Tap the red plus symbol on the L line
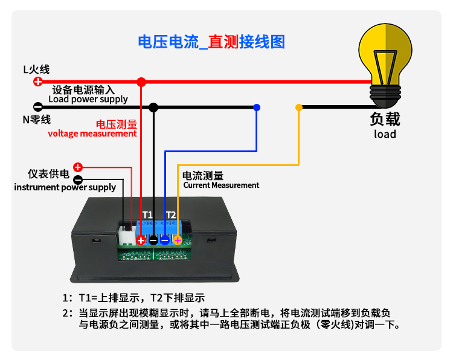[x=37, y=82]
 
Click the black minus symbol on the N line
[x=37, y=107]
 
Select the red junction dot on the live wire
[x=141, y=82]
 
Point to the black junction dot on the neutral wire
[x=153, y=107]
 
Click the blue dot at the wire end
[x=257, y=107]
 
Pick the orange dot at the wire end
[x=298, y=108]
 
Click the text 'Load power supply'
[x=88, y=99]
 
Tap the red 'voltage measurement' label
[x=92, y=133]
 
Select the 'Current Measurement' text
[x=221, y=185]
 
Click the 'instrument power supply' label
[x=65, y=187]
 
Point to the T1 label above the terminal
[x=147, y=214]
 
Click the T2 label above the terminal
[x=171, y=214]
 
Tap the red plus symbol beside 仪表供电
[x=78, y=167]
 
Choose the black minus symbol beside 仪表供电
[x=78, y=179]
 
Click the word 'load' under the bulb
[x=385, y=134]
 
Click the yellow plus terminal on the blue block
[x=177, y=240]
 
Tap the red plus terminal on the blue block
[x=141, y=240]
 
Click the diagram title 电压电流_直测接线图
[x=211, y=42]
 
